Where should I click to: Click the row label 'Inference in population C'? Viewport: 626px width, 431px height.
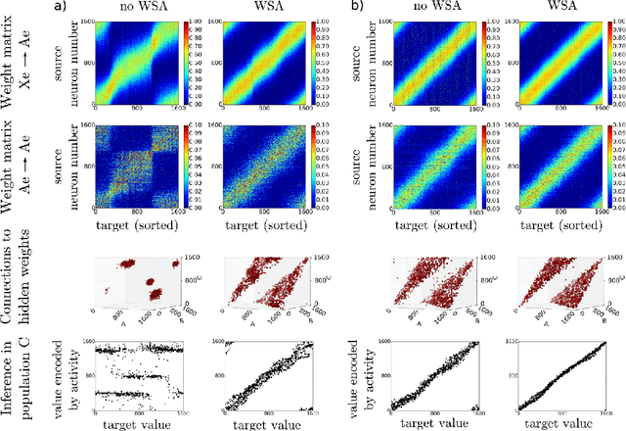coord(19,379)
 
